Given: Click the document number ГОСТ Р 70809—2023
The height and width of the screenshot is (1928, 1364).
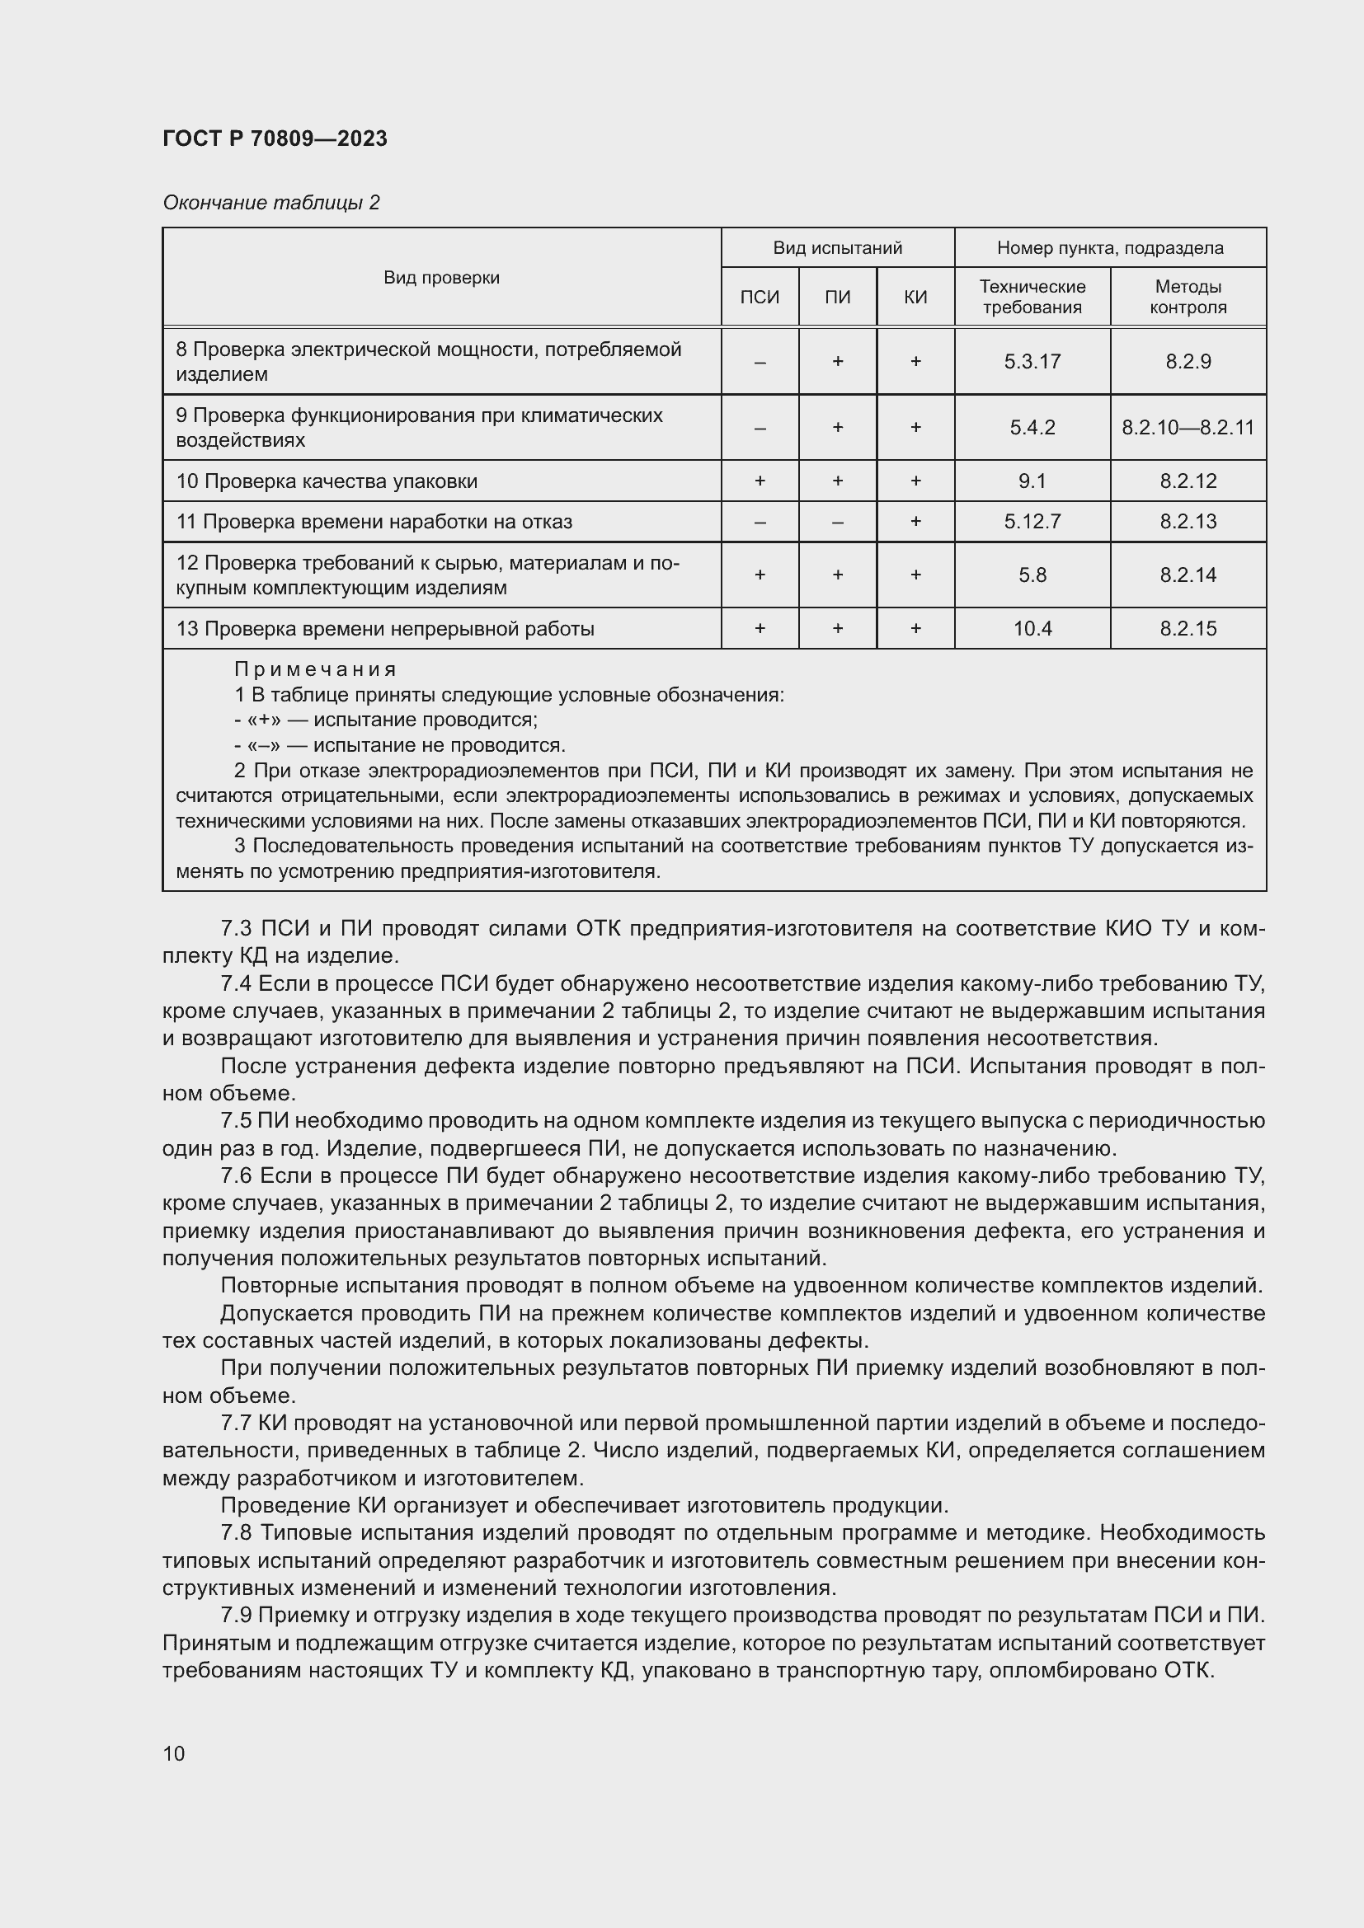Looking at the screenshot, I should click(275, 138).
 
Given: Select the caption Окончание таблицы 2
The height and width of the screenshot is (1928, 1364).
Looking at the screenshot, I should click(270, 203).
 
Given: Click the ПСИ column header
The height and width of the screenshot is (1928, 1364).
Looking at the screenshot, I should click(760, 298).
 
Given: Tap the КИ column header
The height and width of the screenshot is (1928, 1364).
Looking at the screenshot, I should click(915, 298).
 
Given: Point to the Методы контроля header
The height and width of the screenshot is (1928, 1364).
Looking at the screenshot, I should click(1188, 298).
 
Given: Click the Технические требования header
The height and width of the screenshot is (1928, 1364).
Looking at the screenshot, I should click(1032, 298).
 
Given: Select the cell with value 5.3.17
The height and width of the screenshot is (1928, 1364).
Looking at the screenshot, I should click(1032, 362).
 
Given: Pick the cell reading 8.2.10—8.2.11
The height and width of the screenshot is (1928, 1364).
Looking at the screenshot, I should click(1188, 428).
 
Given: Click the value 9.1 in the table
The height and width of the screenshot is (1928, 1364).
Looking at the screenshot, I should click(1032, 481).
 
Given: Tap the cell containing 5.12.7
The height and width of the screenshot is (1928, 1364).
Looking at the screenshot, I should click(1032, 522).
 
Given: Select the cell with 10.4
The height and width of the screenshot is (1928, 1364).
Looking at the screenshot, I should click(1032, 629).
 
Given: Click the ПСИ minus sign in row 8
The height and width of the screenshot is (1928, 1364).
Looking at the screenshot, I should click(760, 362).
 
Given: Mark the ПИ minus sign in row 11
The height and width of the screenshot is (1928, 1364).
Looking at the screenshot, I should click(837, 522).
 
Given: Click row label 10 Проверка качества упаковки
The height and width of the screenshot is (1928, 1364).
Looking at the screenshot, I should click(327, 481).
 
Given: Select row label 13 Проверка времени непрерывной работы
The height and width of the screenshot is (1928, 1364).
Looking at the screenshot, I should click(384, 629).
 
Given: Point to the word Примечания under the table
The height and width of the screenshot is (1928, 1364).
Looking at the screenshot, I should click(314, 669).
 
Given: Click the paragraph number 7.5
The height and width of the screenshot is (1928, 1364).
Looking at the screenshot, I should click(236, 1121).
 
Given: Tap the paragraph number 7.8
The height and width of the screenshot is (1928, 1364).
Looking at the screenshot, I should click(236, 1532).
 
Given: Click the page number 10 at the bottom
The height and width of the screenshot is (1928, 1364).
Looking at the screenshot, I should click(174, 1753).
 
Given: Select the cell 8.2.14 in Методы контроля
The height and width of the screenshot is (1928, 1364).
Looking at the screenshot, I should click(1188, 575).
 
